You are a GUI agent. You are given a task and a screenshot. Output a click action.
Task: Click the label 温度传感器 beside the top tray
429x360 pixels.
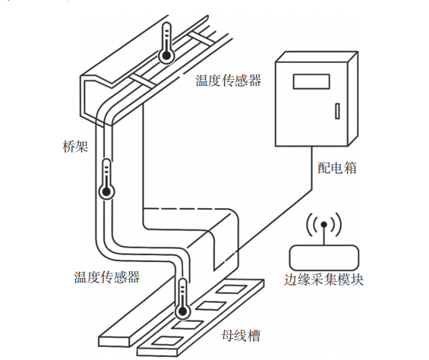tap(229, 80)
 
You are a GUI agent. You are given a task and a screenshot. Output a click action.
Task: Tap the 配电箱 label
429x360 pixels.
tap(337, 168)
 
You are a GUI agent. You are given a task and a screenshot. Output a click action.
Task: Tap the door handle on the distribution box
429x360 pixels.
tap(334, 112)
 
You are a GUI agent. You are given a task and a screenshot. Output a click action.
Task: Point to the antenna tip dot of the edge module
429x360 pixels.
tap(323, 225)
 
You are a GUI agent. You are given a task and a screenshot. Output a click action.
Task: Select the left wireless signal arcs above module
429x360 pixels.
tap(311, 225)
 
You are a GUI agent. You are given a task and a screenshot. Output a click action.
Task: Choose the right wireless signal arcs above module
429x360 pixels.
tap(337, 225)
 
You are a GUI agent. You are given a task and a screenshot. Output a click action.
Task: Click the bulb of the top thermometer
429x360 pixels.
tap(165, 55)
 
